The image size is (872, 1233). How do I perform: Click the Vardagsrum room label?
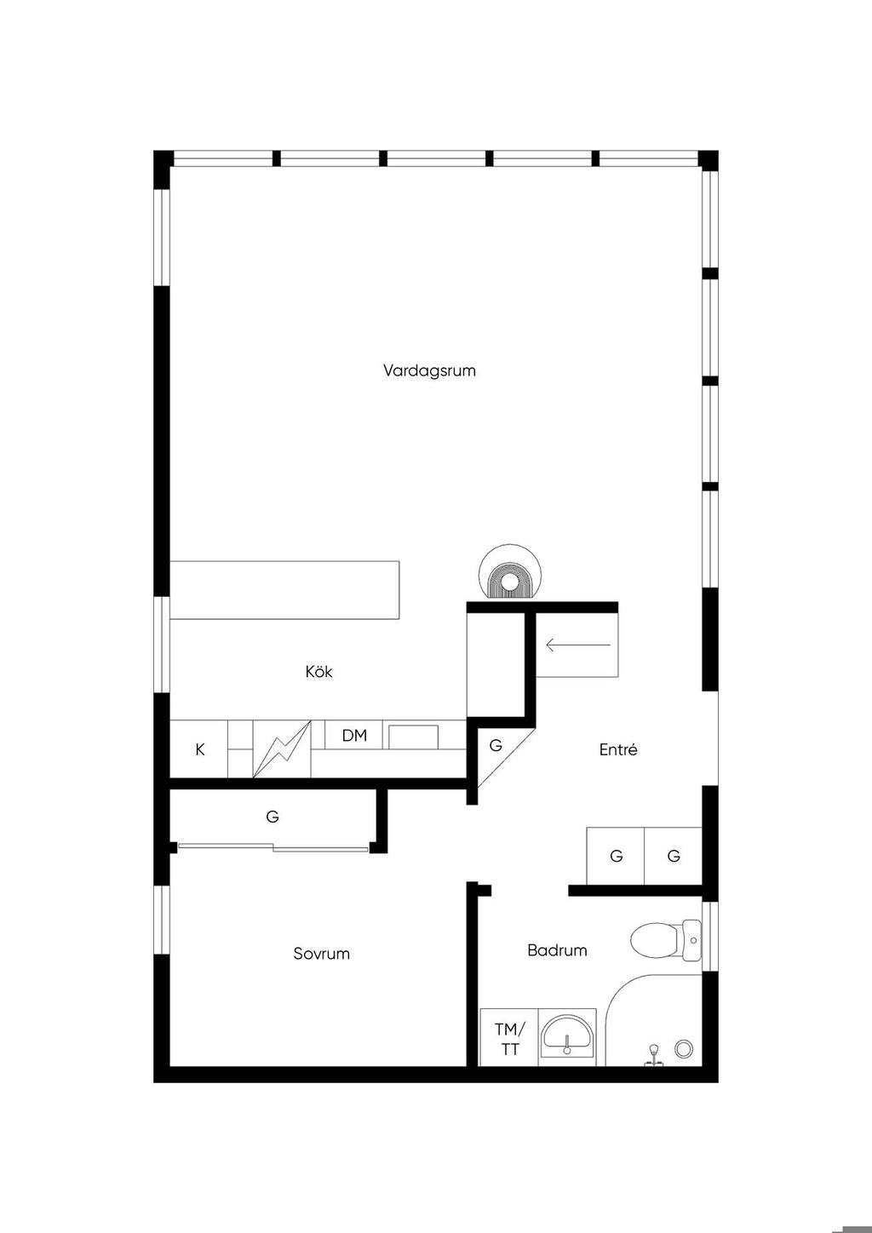[x=429, y=370]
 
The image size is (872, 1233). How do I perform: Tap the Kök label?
[x=318, y=672]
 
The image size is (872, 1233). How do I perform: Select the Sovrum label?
[x=322, y=954]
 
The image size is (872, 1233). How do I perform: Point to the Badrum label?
[x=557, y=950]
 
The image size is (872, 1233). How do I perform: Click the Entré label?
[x=618, y=749]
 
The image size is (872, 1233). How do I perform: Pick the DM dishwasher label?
[x=354, y=736]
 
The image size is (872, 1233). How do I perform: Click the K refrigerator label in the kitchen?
[x=200, y=749]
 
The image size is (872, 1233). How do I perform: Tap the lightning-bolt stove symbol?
[x=282, y=749]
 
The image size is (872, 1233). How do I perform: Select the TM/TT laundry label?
[x=510, y=1039]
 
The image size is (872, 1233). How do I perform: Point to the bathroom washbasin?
[x=566, y=1036]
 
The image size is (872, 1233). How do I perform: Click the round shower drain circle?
[x=684, y=1048]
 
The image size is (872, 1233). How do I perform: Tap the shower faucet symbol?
[x=654, y=1054]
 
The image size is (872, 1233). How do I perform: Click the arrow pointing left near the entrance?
[x=578, y=645]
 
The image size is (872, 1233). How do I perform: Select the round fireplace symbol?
[x=510, y=572]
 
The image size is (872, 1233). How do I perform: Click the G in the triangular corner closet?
[x=496, y=745]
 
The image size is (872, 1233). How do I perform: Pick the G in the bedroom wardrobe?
[x=272, y=817]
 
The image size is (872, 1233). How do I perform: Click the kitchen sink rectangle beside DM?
[x=413, y=737]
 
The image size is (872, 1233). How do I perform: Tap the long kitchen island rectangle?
[x=284, y=590]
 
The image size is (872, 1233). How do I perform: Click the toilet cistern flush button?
[x=693, y=940]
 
